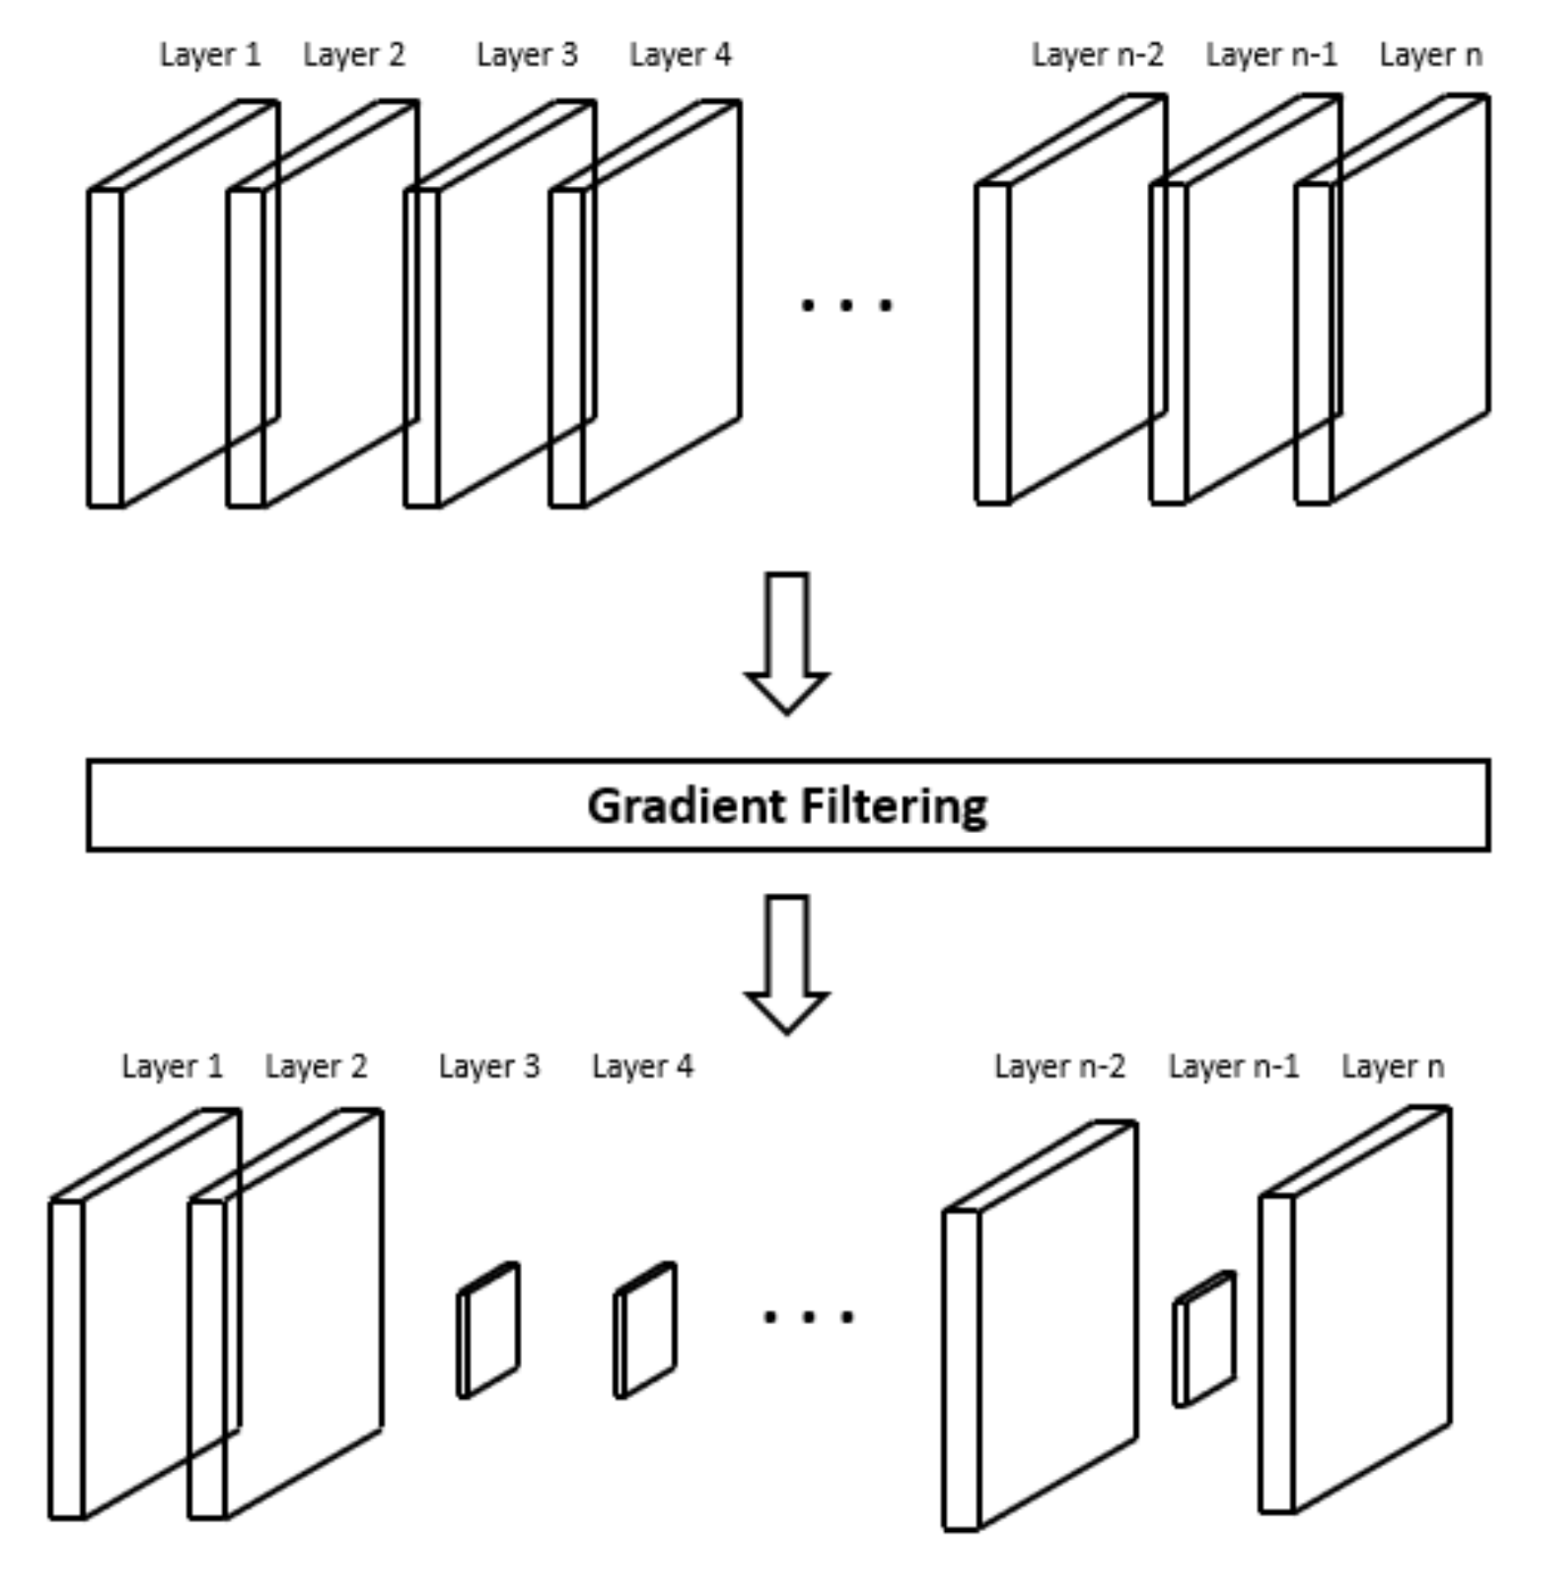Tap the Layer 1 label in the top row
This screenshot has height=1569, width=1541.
(210, 56)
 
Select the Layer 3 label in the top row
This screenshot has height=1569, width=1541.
(527, 56)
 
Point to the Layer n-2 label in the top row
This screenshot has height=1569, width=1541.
(1097, 56)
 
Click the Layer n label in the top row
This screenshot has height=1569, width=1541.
(1430, 56)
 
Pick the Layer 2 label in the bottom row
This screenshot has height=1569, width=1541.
(316, 1067)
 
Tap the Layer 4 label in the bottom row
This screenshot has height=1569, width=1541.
(642, 1067)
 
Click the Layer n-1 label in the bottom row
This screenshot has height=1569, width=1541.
(1233, 1067)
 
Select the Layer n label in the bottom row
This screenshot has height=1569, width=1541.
(1392, 1067)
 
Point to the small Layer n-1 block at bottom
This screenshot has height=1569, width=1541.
(1206, 1340)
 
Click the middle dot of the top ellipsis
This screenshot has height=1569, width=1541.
(846, 306)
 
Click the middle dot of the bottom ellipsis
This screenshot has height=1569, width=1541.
(808, 1318)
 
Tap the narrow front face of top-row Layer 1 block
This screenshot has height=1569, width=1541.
(105, 348)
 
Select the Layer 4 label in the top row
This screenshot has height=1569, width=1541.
(680, 56)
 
